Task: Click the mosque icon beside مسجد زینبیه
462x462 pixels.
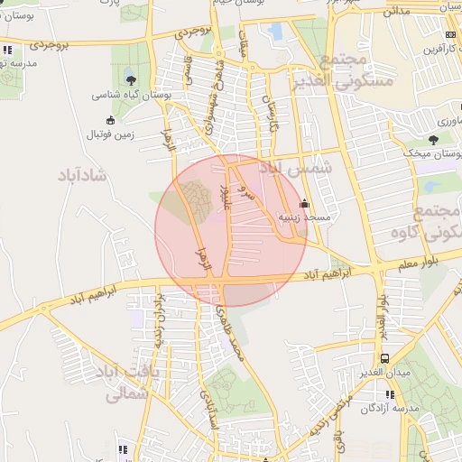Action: [304, 203]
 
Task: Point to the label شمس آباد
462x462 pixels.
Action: [296, 169]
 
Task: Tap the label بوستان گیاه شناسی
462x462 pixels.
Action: [132, 94]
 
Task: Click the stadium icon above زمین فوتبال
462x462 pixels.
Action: [110, 120]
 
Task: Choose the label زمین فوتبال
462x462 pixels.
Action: [110, 134]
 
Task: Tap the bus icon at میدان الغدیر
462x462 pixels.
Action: [385, 358]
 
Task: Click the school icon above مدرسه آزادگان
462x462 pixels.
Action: [389, 394]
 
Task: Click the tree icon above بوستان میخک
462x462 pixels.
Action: [433, 140]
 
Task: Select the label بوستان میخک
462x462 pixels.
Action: [433, 154]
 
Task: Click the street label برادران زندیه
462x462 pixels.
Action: [160, 311]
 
